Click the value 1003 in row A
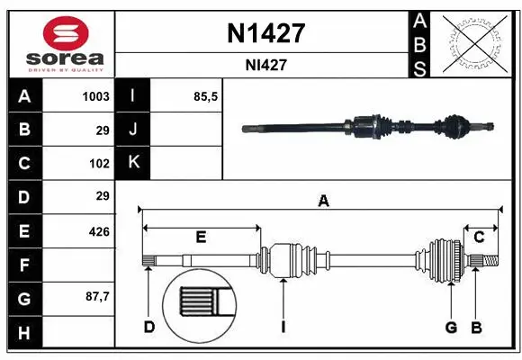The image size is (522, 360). tap(95, 96)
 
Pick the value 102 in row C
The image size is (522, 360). tap(99, 163)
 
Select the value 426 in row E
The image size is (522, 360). tap(98, 231)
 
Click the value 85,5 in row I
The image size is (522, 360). tap(206, 96)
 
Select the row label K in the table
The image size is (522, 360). tap(133, 163)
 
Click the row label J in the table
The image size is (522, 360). tap(133, 130)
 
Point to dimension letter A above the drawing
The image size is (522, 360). tap(323, 202)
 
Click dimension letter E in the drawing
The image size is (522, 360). tap(201, 237)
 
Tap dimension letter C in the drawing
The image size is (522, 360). tap(480, 237)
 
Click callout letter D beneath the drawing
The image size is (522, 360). tap(149, 327)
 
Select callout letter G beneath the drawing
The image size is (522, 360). tap(451, 327)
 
